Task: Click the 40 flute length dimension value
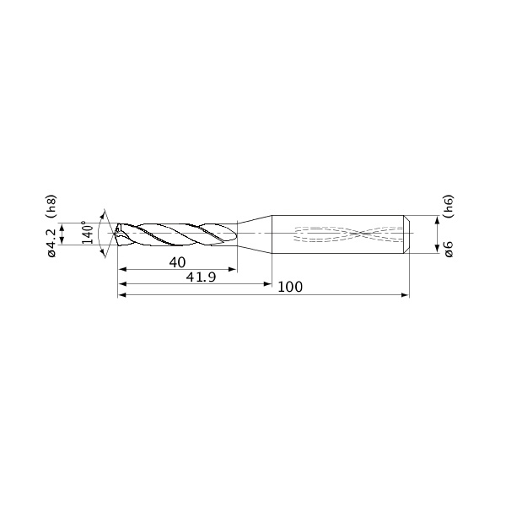177,262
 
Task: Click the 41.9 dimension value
201,277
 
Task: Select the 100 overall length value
290,287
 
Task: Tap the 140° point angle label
87,233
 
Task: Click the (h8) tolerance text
51,207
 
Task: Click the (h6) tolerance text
449,206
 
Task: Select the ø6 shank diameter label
449,249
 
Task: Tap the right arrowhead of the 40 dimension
233,270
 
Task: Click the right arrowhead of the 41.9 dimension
267,284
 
